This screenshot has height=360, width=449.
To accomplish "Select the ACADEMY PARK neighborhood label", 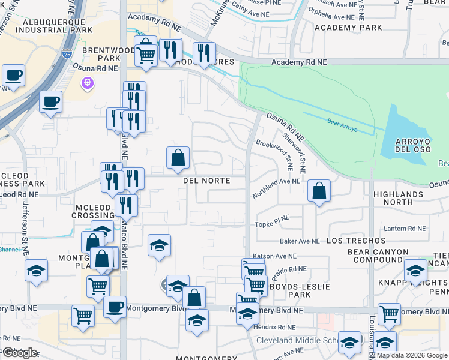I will [348, 28].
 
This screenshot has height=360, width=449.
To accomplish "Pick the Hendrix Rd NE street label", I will [274, 328].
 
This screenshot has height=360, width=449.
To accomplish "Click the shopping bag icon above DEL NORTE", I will [178, 158].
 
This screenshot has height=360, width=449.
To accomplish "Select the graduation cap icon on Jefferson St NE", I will [36, 270].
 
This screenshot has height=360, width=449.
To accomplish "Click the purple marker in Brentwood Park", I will [88, 82].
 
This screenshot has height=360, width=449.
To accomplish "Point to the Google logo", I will [20, 353].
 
